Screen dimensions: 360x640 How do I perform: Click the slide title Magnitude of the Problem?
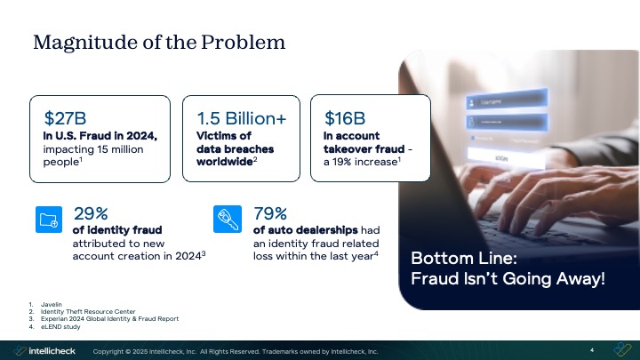[x=159, y=42]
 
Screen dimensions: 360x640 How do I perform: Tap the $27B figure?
[x=65, y=117]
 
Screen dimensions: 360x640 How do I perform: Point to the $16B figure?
[x=345, y=117]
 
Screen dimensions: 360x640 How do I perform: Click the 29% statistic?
[x=90, y=213]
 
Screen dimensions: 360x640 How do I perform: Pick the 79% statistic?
[x=270, y=213]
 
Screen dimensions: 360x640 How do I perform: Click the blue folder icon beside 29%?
[x=48, y=219]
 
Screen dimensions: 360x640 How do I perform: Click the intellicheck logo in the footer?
[x=44, y=350]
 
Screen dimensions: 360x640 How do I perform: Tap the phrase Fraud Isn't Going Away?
[x=508, y=279]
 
